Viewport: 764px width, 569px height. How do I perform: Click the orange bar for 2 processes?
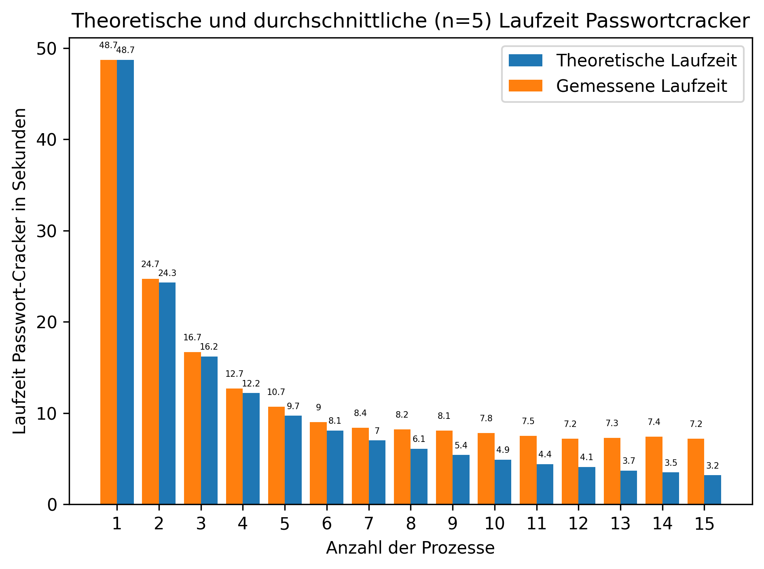(x=150, y=391)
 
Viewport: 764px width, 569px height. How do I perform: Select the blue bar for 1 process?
(x=125, y=282)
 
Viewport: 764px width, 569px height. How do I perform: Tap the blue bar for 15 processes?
(x=713, y=490)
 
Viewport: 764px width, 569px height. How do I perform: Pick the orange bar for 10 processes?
(x=486, y=469)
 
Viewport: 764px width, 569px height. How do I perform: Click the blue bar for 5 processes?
(x=293, y=460)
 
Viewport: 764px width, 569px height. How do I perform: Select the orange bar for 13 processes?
(x=612, y=471)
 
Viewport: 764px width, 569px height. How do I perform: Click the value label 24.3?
(x=167, y=274)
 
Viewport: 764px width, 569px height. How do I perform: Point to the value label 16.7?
(x=192, y=338)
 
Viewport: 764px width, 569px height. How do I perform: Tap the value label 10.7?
(x=276, y=392)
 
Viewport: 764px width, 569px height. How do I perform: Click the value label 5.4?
(x=461, y=446)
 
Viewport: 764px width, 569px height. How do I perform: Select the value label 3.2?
(x=713, y=466)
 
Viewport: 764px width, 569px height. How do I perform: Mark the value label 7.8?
(x=486, y=418)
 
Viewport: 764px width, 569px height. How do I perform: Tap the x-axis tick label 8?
(x=411, y=524)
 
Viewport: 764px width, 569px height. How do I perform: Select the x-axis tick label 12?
(x=578, y=524)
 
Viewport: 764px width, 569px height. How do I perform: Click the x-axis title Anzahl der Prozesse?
(x=410, y=548)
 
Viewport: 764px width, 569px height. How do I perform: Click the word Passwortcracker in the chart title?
(x=624, y=21)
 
